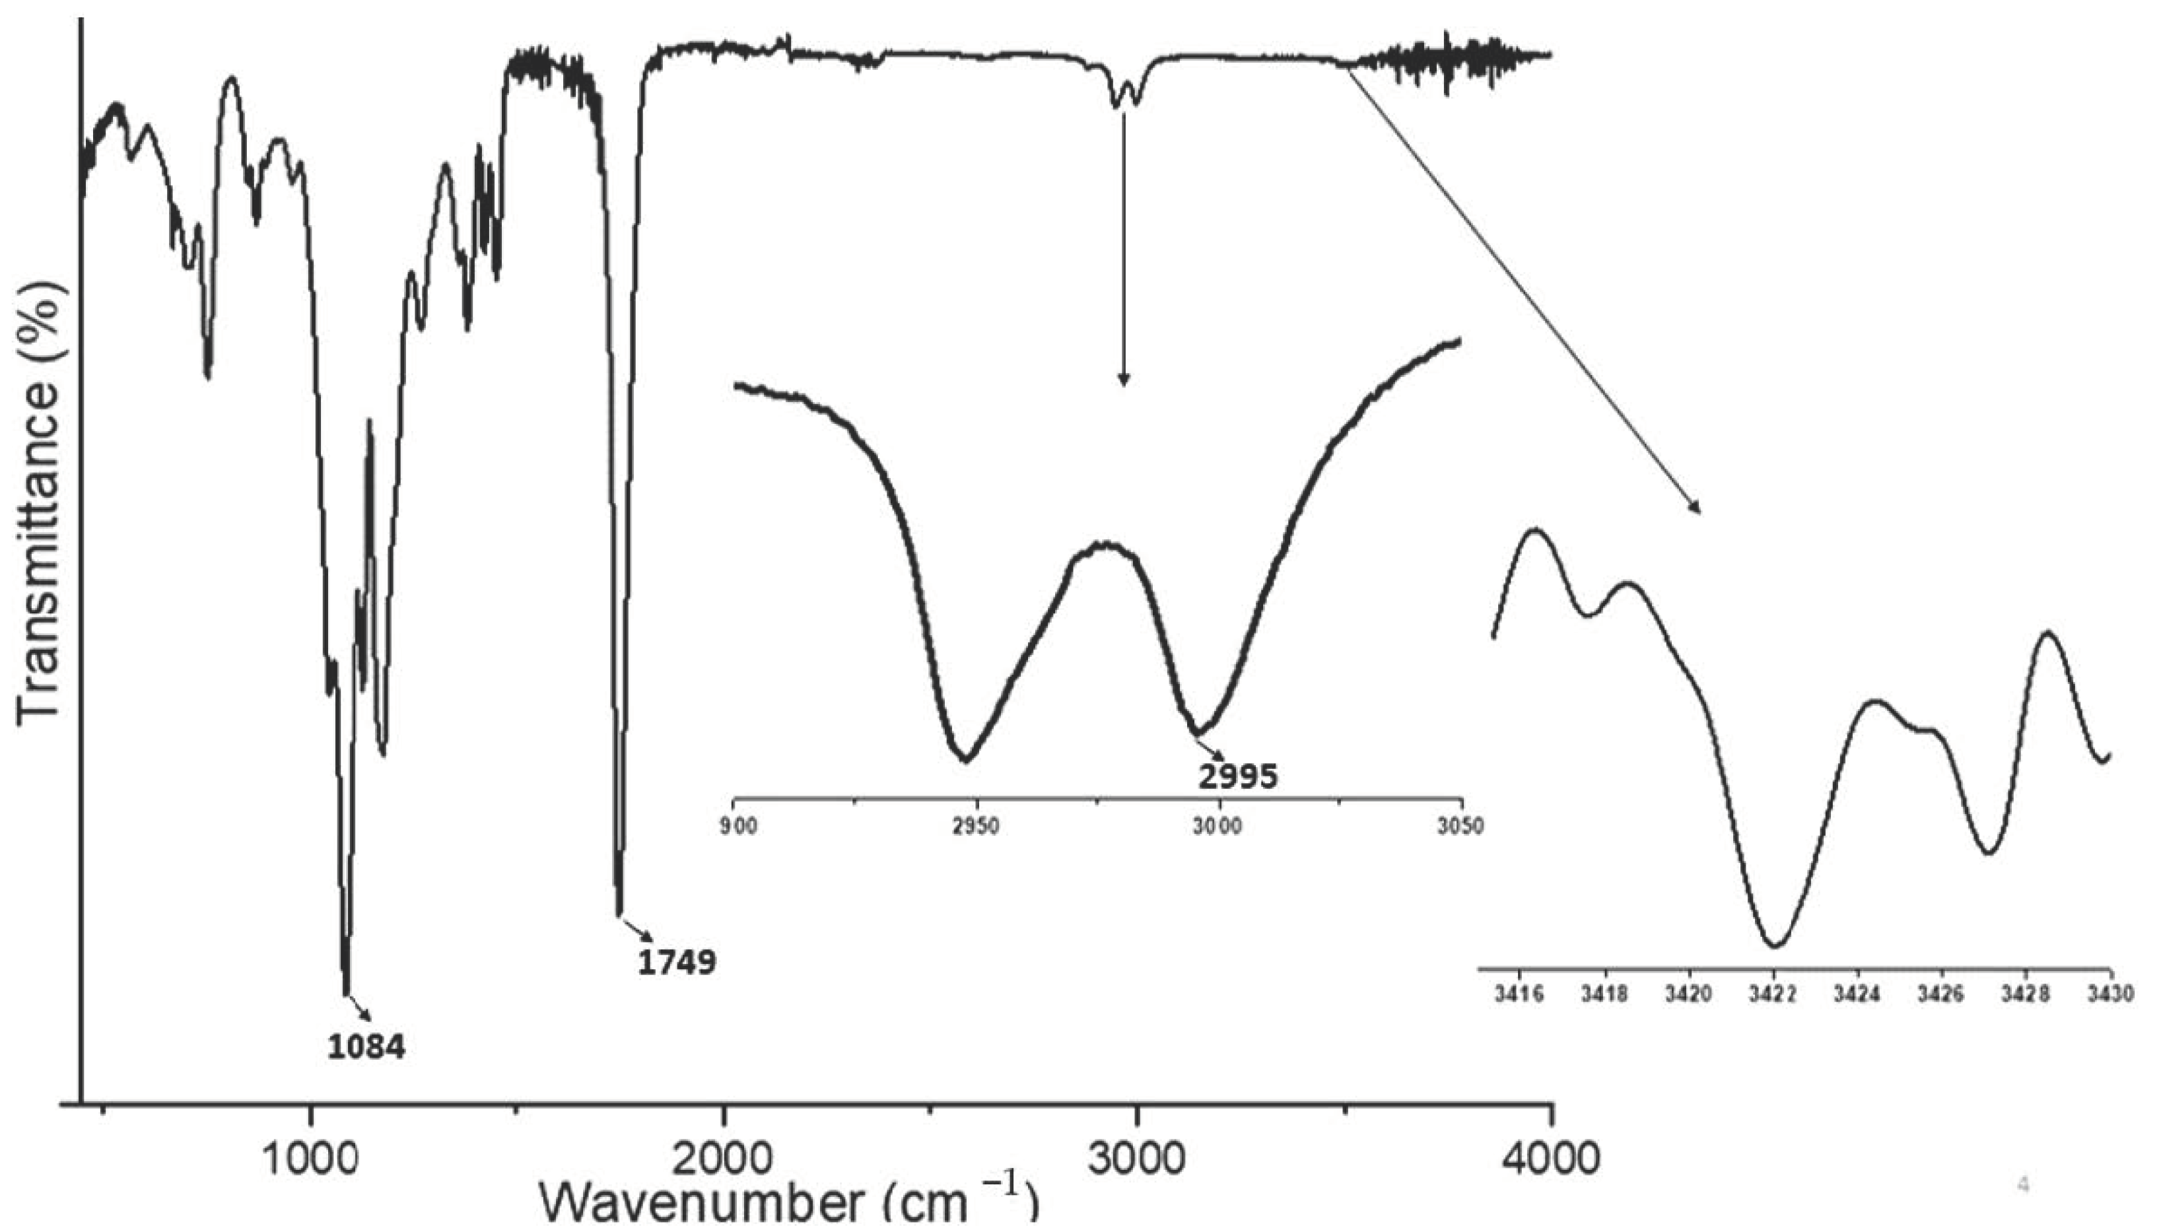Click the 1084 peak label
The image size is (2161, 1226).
(366, 1048)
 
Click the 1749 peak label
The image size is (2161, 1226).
(677, 963)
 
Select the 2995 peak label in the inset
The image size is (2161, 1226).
(1237, 776)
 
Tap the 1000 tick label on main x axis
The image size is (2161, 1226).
(312, 1161)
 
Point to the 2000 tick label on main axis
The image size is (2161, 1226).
(723, 1161)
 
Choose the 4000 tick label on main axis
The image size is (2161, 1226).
(1551, 1161)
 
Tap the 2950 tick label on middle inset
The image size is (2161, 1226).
(977, 826)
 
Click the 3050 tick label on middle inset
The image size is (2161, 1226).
(1460, 826)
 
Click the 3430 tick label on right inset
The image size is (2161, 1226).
(2110, 994)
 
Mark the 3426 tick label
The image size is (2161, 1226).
(1941, 994)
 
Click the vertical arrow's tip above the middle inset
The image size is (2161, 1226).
(1123, 385)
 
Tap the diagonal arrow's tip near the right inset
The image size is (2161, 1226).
(1699, 511)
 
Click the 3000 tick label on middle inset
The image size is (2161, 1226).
(1218, 826)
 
